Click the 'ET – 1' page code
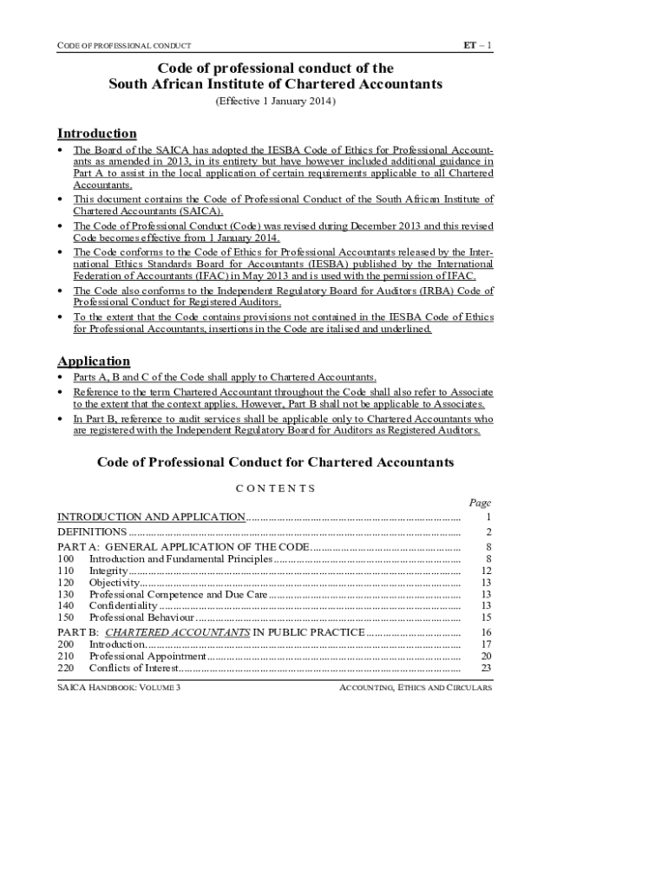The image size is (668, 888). pos(477,44)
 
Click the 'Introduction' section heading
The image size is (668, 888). pos(96,134)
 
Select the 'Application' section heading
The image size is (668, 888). pos(94,361)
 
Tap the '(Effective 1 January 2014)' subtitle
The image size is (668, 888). pos(275,101)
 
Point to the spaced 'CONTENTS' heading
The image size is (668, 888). pos(275,488)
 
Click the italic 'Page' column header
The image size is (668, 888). pos(480,502)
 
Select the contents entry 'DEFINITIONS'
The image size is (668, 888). pos(92,532)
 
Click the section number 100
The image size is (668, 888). pos(65,559)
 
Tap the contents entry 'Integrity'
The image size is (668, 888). pos(108,571)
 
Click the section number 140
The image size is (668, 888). pos(65,605)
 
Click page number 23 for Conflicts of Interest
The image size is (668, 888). pos(486,668)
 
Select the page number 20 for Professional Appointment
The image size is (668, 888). pos(486,656)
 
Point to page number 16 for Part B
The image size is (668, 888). pos(486,633)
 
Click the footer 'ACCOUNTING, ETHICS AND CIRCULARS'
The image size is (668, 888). pos(415,688)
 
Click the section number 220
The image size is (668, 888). pos(65,668)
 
